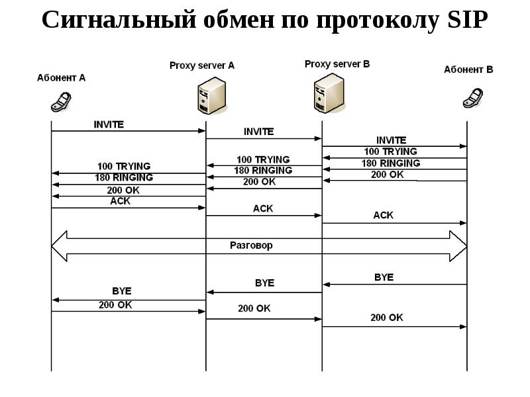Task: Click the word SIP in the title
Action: pos(464,21)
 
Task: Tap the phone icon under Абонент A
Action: pos(61,101)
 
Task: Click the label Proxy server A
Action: pos(201,66)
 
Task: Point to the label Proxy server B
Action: pos(337,64)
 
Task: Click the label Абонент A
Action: pos(61,77)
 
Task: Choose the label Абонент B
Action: pos(468,69)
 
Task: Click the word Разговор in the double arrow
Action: pos(251,245)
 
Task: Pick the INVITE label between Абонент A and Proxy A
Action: pos(109,124)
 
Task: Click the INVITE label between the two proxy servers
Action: pos(258,132)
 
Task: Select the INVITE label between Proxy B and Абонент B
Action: pos(391,140)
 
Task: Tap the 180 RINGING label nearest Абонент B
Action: pos(391,163)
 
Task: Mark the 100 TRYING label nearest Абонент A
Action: pos(124,166)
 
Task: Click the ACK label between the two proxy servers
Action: pos(263,208)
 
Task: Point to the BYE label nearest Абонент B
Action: pos(384,277)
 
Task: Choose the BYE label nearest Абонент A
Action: pos(121,290)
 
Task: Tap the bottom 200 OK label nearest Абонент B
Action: pos(386,318)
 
